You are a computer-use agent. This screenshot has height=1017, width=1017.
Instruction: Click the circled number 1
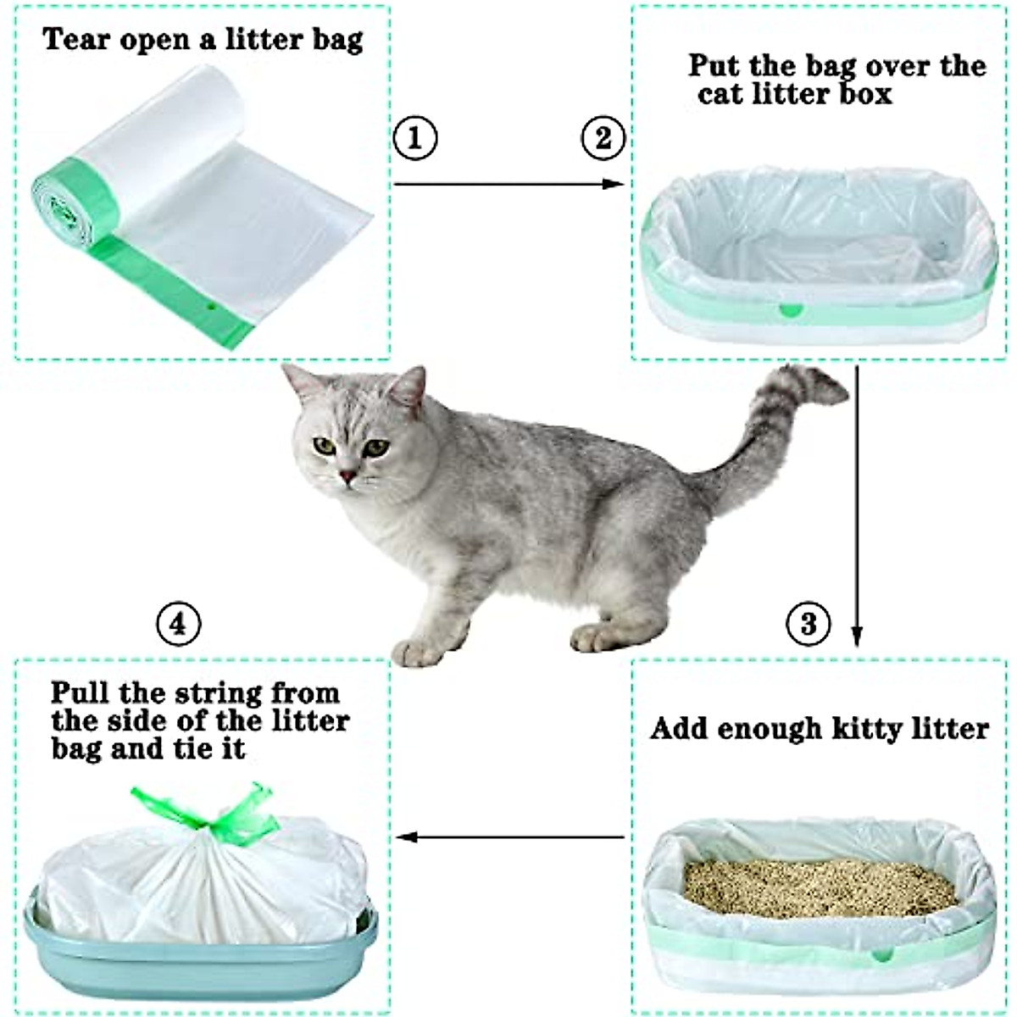(x=415, y=137)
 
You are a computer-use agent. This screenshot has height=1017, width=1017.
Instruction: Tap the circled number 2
(x=603, y=137)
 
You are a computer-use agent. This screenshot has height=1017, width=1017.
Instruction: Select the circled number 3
(x=808, y=625)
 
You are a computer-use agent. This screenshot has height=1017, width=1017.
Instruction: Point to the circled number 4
(x=179, y=625)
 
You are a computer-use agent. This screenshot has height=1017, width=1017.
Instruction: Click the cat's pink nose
(x=347, y=477)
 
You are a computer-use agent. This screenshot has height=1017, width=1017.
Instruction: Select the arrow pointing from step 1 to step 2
(x=508, y=184)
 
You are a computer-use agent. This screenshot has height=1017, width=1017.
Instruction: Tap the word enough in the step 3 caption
(x=772, y=729)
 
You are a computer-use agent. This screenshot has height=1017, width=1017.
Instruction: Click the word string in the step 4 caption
(x=219, y=693)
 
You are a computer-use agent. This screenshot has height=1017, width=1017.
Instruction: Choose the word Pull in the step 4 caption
(x=81, y=693)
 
